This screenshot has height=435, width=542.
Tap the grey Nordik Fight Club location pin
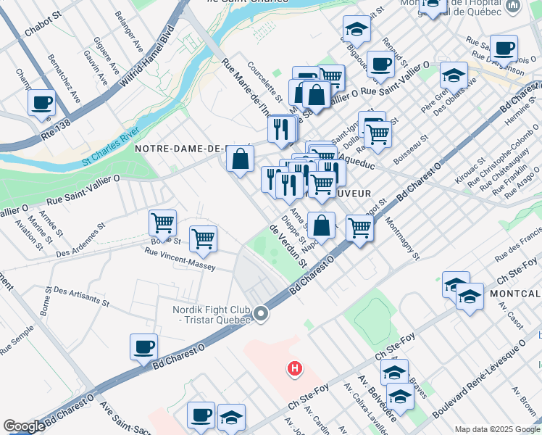(x=261, y=314)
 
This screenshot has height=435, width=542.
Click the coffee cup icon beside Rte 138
(x=41, y=102)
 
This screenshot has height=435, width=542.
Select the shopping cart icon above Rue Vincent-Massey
(x=204, y=239)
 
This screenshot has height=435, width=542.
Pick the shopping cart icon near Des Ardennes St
(x=162, y=223)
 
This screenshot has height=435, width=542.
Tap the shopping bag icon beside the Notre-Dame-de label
(x=240, y=158)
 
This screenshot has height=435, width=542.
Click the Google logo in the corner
(x=24, y=426)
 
